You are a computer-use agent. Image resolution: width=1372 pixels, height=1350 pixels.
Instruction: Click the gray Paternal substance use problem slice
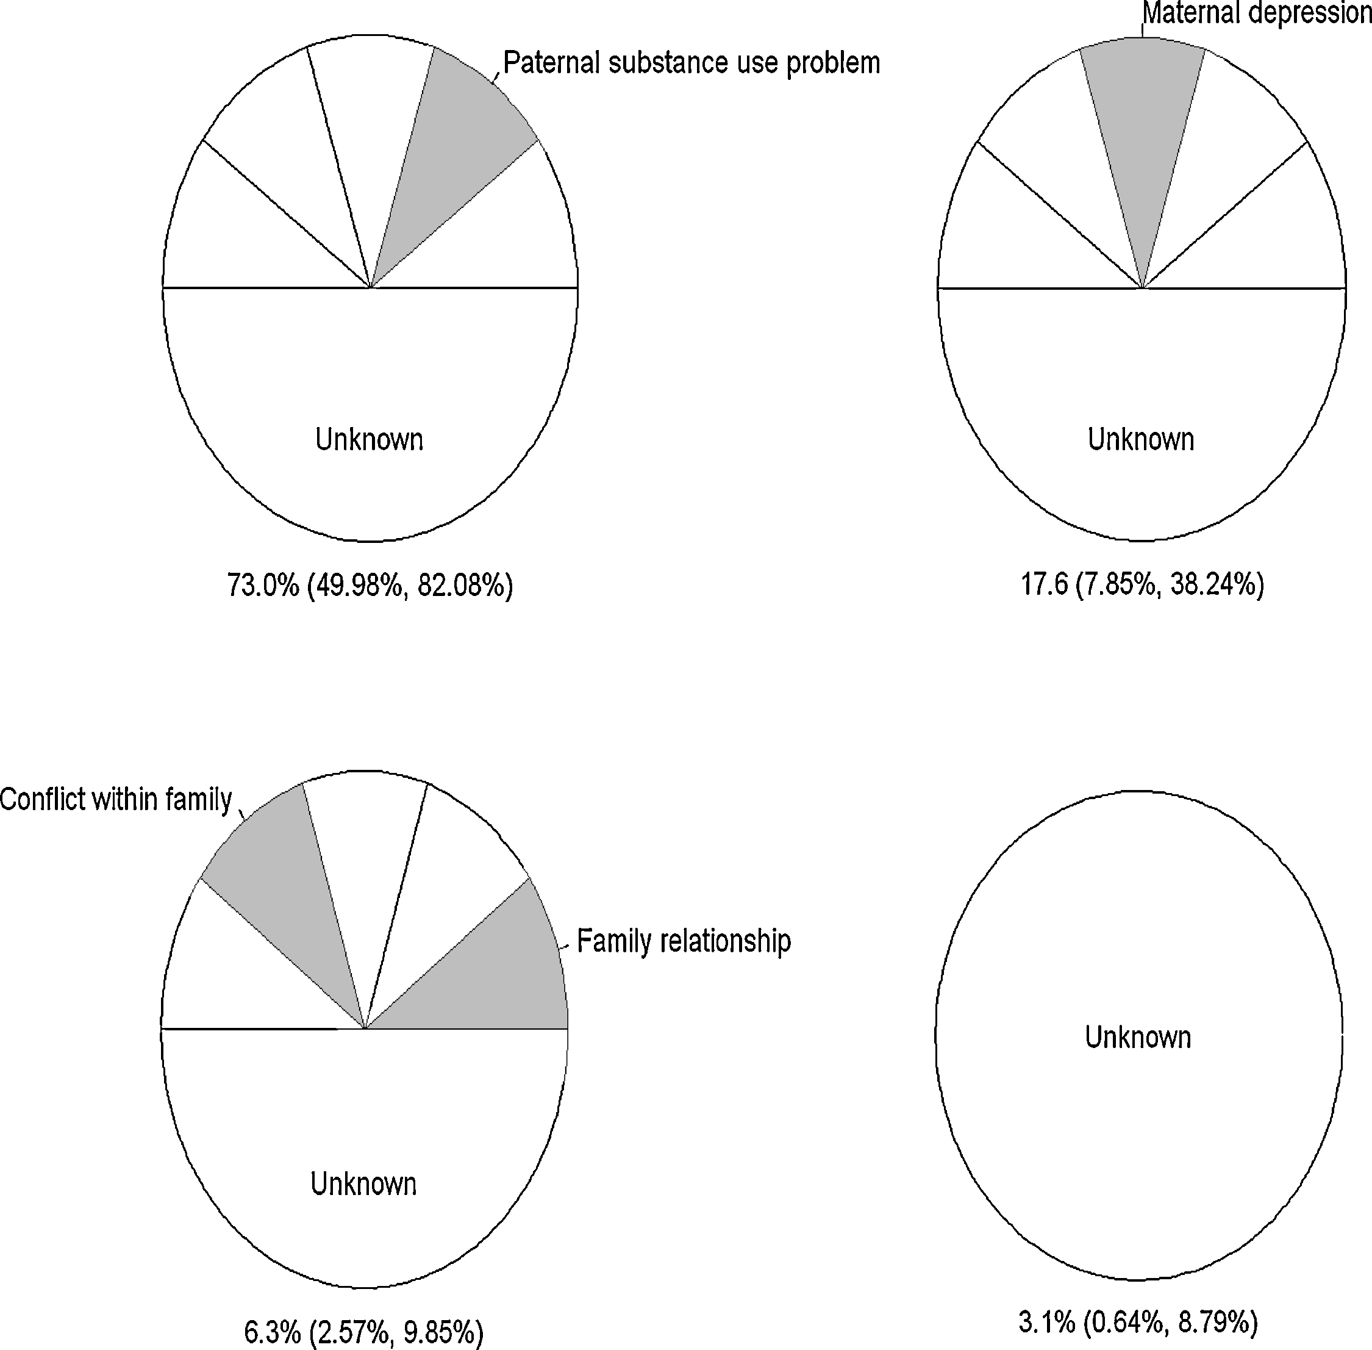pyautogui.click(x=446, y=156)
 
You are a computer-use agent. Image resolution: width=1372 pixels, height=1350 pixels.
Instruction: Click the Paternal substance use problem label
pyautogui.click(x=691, y=63)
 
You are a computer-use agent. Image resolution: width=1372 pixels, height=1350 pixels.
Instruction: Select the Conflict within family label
pyautogui.click(x=115, y=800)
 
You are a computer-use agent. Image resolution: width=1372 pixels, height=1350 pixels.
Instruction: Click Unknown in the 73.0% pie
pyautogui.click(x=370, y=440)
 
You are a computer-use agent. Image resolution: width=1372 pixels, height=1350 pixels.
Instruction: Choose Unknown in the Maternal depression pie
pyautogui.click(x=1141, y=440)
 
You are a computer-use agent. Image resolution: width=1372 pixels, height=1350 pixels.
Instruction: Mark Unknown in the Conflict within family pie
pyautogui.click(x=363, y=1184)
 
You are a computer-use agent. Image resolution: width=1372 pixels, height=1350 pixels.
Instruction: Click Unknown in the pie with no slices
pyautogui.click(x=1138, y=1037)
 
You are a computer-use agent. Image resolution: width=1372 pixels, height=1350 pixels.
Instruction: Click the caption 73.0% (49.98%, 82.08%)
pyautogui.click(x=370, y=586)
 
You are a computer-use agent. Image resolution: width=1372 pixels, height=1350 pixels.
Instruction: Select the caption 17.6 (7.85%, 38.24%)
pyautogui.click(x=1142, y=585)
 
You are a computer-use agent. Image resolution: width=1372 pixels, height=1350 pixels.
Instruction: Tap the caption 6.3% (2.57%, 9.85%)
pyautogui.click(x=363, y=1333)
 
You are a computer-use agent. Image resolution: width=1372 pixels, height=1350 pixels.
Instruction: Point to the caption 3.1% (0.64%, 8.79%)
pyautogui.click(x=1138, y=1323)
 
